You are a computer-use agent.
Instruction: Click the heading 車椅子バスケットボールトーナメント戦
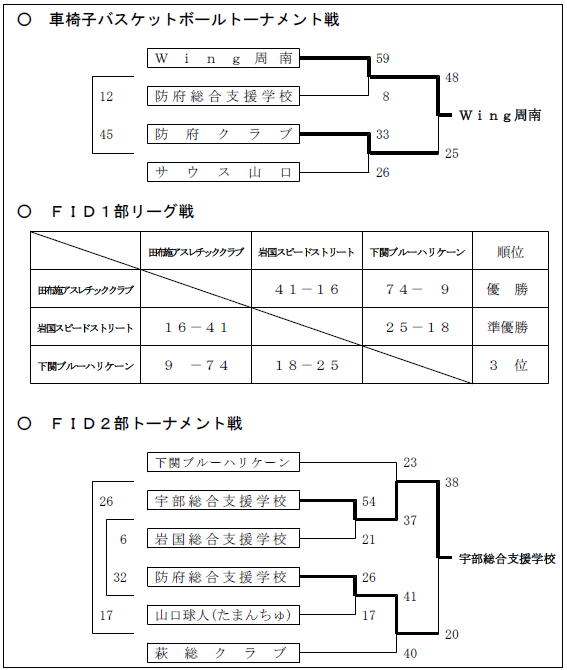click(x=194, y=20)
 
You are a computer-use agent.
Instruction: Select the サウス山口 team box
click(x=223, y=172)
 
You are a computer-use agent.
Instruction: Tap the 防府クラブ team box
click(x=223, y=134)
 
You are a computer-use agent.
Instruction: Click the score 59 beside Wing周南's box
click(x=382, y=59)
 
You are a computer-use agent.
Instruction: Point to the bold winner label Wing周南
click(x=500, y=115)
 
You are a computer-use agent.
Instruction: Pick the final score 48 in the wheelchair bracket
click(x=452, y=78)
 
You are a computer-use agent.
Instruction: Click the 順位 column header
click(x=510, y=252)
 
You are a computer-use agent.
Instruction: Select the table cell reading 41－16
click(x=307, y=289)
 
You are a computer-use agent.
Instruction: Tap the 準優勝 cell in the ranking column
click(x=508, y=327)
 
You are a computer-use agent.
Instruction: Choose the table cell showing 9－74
click(x=196, y=365)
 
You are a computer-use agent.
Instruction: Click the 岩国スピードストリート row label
click(x=85, y=328)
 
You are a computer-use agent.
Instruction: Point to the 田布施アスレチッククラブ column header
click(x=196, y=252)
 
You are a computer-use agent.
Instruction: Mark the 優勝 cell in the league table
click(x=507, y=289)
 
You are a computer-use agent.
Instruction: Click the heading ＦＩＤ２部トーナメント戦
click(x=147, y=423)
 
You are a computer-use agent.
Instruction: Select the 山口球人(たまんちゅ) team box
click(x=223, y=615)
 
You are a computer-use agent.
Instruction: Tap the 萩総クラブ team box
click(x=223, y=653)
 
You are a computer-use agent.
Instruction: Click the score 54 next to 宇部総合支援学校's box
click(x=369, y=501)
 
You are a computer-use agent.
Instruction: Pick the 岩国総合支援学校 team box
click(x=223, y=539)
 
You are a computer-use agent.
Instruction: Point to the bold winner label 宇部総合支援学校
click(x=507, y=558)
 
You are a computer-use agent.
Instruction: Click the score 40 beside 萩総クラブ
click(x=410, y=653)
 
